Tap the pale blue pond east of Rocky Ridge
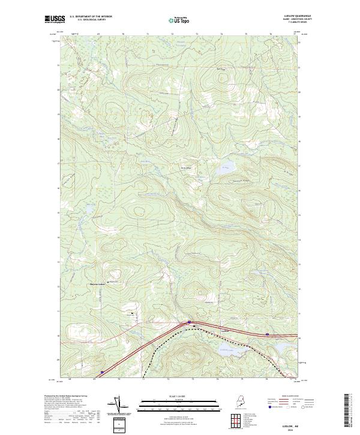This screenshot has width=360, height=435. coord(225,169)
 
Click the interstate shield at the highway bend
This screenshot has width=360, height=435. coord(189,322)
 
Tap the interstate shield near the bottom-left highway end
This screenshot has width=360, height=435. coord(102,372)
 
